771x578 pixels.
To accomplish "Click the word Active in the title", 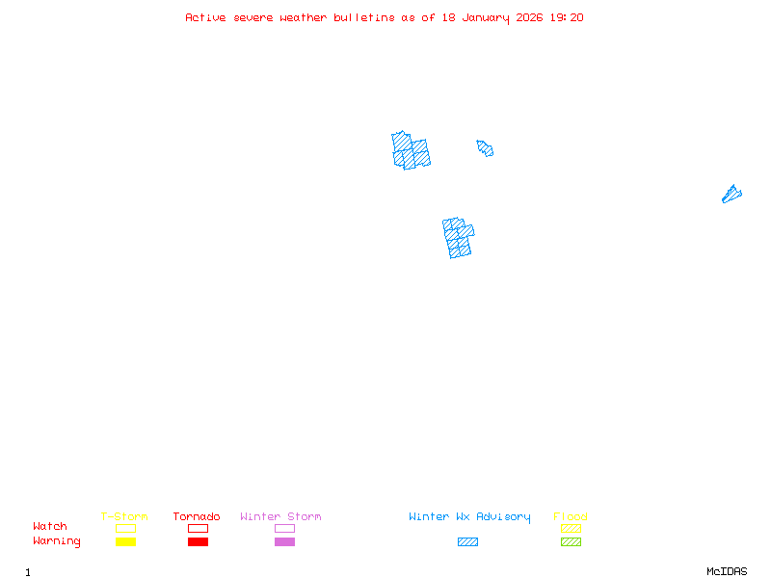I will point(206,17).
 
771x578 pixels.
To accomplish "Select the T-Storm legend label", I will point(124,517).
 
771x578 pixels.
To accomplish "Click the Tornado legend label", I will point(197,517).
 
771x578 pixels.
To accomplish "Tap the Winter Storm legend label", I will point(281,517).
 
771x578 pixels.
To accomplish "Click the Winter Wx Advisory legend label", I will point(469,517).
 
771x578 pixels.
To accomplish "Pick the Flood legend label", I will point(571,517).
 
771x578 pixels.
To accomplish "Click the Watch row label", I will point(50,527).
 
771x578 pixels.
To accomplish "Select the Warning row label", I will point(57,541).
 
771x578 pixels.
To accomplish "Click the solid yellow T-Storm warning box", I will point(125,542).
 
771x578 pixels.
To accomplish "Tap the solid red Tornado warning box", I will point(198,542).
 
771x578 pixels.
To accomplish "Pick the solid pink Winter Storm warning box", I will point(284,542).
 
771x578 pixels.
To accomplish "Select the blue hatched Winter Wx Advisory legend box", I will point(467,542).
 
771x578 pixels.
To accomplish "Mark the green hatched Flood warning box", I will point(571,542).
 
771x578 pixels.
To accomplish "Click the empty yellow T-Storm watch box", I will point(125,528).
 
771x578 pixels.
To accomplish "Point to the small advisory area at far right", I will point(731,195).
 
